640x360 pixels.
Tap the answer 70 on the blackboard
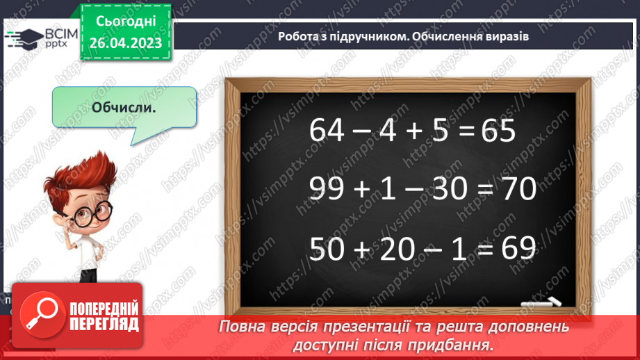514,189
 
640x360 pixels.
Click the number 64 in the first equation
327,130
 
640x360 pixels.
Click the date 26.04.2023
126,44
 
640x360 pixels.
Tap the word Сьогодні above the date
126,23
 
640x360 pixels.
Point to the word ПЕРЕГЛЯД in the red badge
104,325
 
